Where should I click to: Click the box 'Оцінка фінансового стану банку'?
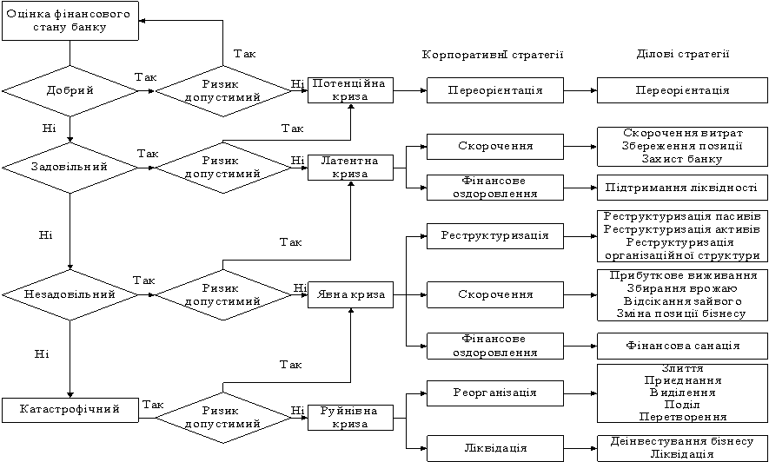click(70, 21)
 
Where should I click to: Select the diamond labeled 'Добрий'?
click(70, 89)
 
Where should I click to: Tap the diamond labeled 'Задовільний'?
click(70, 166)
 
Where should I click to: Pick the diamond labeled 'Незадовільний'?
click(70, 295)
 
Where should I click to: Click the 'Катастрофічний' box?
click(70, 406)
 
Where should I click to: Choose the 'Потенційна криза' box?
click(350, 89)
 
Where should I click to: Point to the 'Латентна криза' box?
click(350, 167)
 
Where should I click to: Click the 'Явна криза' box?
click(350, 295)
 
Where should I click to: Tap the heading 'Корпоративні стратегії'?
click(494, 55)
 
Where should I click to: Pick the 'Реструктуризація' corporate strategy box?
click(494, 235)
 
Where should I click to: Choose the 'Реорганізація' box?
click(494, 393)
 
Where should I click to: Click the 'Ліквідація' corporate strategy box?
click(494, 448)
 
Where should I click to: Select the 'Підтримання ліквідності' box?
click(682, 188)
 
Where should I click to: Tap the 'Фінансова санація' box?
click(682, 345)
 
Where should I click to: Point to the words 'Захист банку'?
click(682, 159)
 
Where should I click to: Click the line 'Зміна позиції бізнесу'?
click(682, 313)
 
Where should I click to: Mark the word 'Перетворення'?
click(682, 417)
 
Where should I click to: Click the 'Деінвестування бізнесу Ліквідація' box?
click(682, 447)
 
